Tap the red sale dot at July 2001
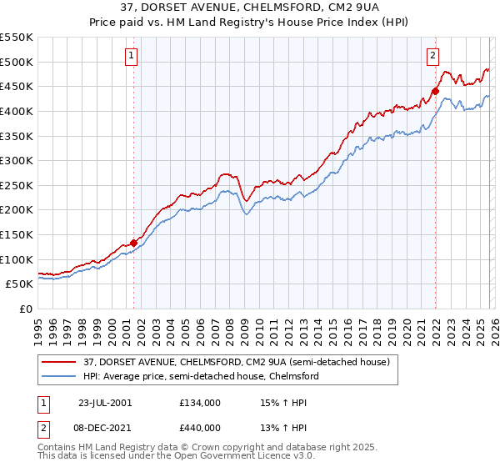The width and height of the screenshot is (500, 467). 134,243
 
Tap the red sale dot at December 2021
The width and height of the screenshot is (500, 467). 435,92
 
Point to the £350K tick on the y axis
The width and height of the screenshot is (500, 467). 17,136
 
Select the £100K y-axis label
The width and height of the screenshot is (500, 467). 17,259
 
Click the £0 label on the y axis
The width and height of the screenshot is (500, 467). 26,309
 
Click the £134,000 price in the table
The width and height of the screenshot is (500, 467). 200,403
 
